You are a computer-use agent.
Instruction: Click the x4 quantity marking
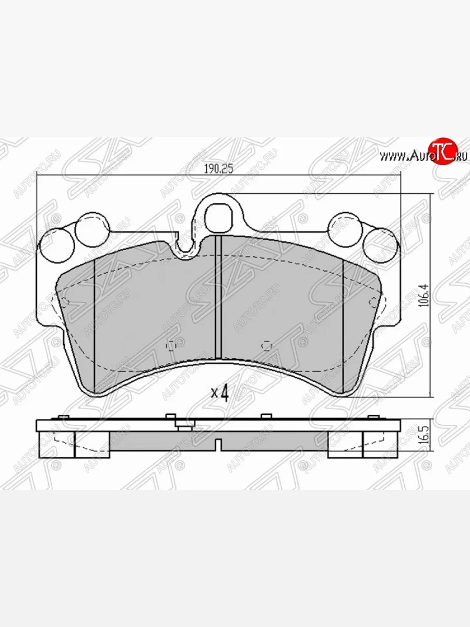(x=220, y=392)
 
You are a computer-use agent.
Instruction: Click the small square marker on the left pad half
(x=170, y=345)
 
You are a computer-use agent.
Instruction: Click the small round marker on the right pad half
(x=266, y=345)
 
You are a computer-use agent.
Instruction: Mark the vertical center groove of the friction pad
(x=219, y=298)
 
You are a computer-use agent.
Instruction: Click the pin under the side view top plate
(x=182, y=426)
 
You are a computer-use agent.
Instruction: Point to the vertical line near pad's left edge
(x=95, y=324)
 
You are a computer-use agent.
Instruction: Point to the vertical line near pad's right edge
(x=343, y=324)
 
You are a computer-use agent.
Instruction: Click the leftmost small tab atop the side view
(x=63, y=416)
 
